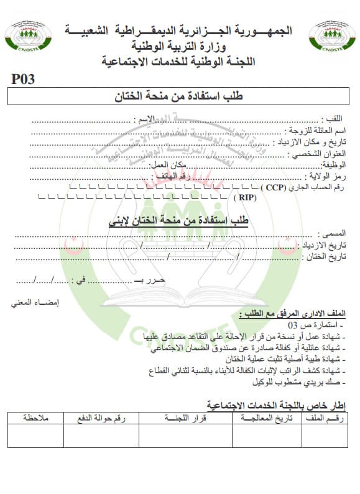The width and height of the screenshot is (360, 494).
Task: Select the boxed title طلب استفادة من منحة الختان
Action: [x=180, y=96]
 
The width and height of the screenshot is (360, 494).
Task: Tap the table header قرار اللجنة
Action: [x=184, y=418]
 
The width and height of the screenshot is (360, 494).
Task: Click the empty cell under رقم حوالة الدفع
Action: [x=101, y=436]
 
